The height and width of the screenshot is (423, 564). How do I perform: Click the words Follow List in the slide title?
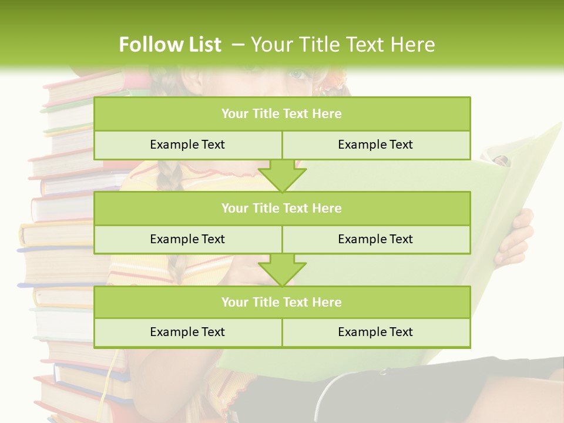[170, 45]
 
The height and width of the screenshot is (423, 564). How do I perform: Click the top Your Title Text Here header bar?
[282, 114]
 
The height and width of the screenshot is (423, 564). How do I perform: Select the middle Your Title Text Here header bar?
[282, 208]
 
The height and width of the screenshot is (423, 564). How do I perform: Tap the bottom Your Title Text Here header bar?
[282, 302]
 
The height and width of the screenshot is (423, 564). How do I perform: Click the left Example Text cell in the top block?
[188, 145]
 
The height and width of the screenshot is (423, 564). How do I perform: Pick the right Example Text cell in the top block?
[376, 145]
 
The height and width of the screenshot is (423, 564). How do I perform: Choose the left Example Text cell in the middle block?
[188, 239]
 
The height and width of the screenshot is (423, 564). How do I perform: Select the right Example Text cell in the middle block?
[376, 239]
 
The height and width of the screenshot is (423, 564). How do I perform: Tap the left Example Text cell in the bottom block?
[188, 332]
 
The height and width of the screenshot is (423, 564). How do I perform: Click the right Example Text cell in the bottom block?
[376, 332]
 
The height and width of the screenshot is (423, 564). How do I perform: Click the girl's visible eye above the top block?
[298, 75]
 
